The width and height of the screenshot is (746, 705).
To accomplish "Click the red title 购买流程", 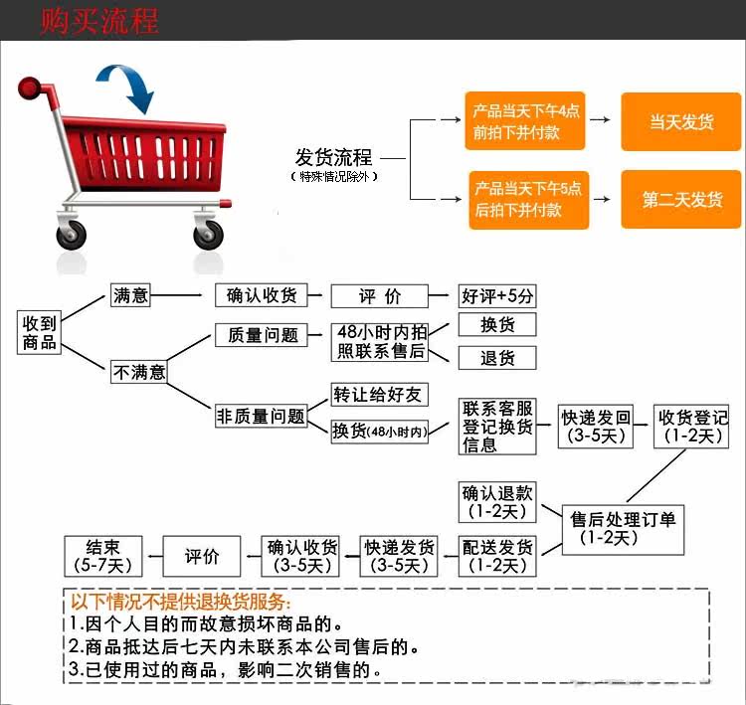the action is tap(99, 20).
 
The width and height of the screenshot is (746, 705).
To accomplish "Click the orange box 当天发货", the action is tap(681, 122).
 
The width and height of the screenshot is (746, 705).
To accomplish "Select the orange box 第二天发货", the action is tap(681, 200).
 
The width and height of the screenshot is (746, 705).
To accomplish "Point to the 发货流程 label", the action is tap(333, 157).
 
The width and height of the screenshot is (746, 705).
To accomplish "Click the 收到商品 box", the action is tap(41, 332).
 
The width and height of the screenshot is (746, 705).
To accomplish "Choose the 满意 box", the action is tap(130, 295).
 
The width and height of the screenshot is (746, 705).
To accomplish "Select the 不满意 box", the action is tap(138, 373).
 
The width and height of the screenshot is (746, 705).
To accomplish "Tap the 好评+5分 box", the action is tap(497, 295).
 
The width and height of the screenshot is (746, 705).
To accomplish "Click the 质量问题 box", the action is tap(263, 335).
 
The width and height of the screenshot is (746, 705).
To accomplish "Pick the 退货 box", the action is tap(496, 358).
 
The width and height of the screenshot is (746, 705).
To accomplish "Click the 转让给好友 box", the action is tap(379, 395).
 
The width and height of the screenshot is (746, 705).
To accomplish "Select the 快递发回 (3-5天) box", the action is tap(595, 427).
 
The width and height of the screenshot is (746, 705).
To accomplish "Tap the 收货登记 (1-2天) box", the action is tap(693, 426).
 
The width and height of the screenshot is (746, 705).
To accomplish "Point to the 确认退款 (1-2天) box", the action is tap(497, 502).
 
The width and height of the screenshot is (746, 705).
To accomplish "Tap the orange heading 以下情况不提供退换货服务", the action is tap(180, 602).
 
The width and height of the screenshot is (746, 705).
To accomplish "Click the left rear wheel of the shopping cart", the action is tap(72, 236).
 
